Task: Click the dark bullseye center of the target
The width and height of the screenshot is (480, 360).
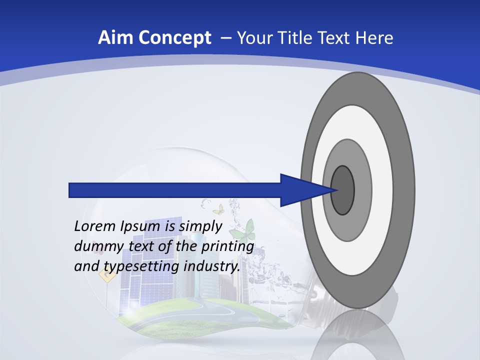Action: pyautogui.click(x=342, y=190)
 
